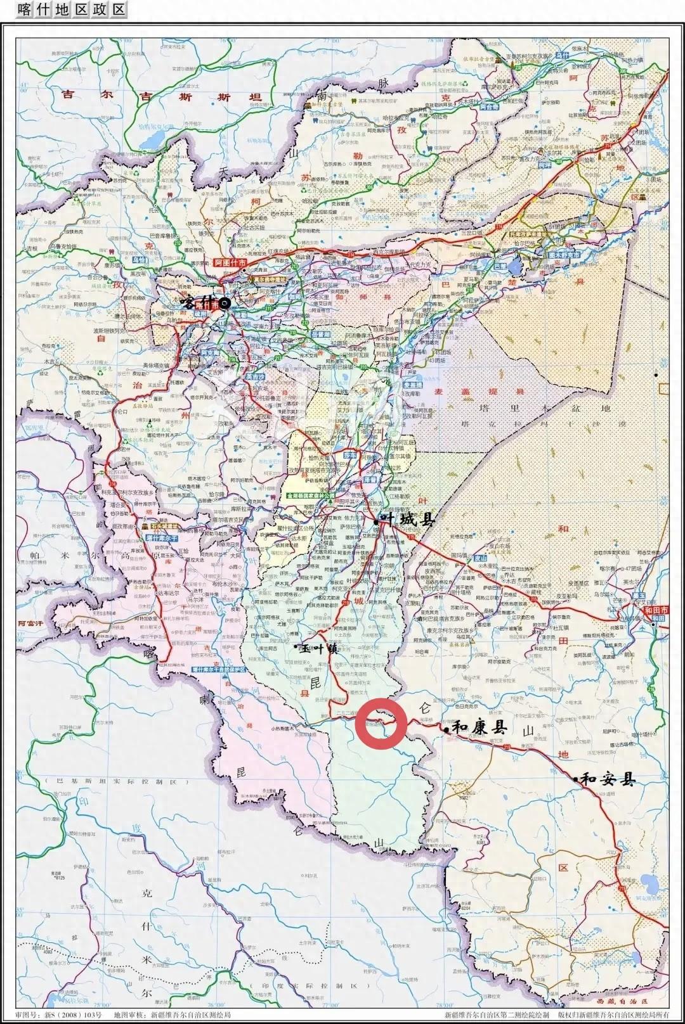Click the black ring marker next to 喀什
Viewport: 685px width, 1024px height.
(225, 304)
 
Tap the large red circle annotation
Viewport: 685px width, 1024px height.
(381, 722)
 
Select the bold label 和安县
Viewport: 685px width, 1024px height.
(608, 779)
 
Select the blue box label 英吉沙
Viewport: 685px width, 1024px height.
(255, 376)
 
